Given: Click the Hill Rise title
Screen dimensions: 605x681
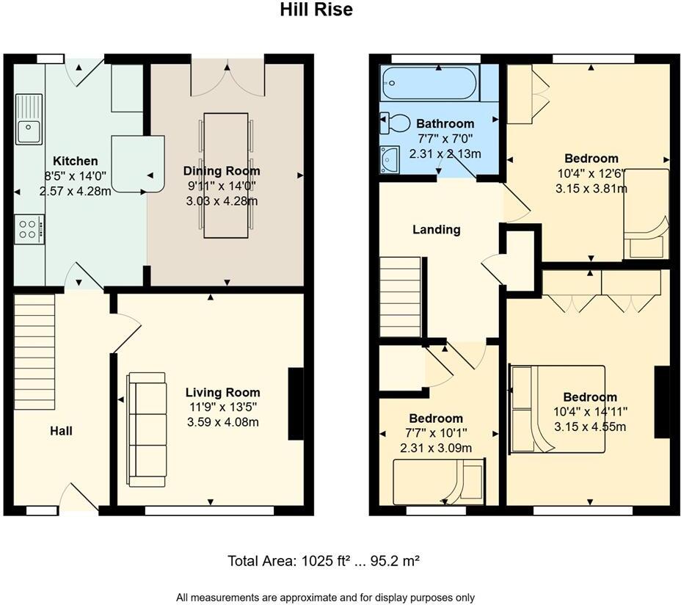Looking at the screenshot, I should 316,10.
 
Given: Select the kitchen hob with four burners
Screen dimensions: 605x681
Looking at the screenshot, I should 29,228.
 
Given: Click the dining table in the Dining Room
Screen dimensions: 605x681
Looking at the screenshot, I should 225,175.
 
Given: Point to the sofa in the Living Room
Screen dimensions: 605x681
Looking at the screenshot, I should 146,429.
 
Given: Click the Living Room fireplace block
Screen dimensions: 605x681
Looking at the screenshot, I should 296,404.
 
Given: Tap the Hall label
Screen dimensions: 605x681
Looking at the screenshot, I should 61,431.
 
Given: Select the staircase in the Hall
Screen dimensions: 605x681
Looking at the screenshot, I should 34,352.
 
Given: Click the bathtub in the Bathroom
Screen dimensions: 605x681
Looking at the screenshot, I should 429,83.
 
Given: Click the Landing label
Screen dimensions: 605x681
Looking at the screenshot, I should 437,230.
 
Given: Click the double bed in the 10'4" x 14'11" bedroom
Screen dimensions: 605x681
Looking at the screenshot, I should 557,409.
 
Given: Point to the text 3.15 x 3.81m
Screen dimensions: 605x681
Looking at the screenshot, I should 591,188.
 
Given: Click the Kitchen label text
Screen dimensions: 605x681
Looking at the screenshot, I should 75,161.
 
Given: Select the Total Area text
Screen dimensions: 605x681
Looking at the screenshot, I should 324,561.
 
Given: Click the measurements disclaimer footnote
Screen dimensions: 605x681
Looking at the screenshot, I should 330,597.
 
